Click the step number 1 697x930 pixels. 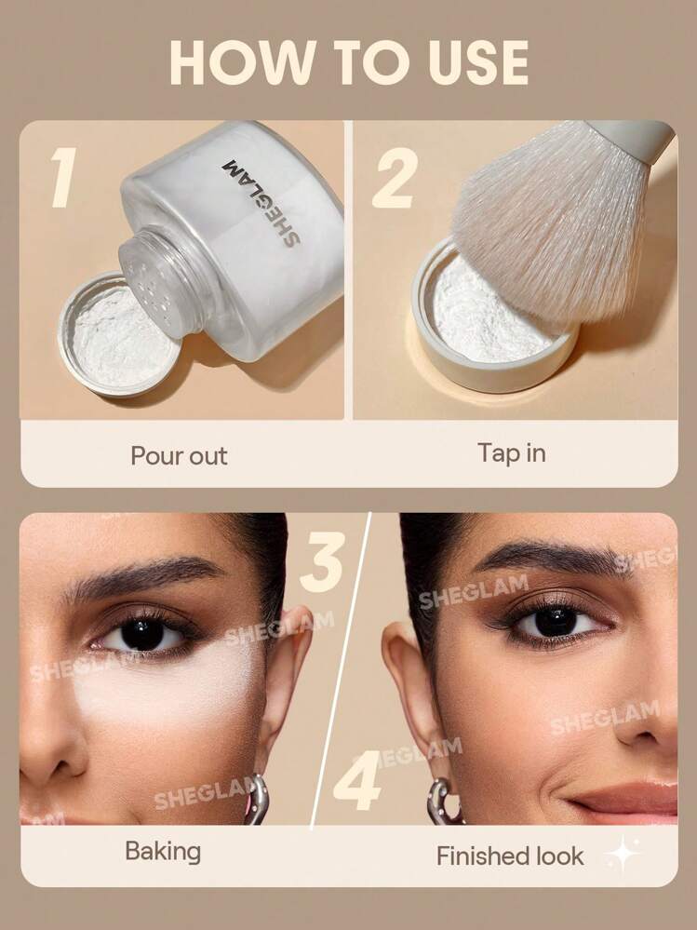click(x=64, y=177)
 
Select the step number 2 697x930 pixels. click(x=395, y=178)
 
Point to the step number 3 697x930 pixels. click(x=322, y=561)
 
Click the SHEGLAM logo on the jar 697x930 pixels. click(x=261, y=202)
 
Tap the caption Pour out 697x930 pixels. click(x=179, y=456)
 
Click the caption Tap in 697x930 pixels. click(x=512, y=453)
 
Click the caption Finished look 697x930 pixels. click(x=510, y=856)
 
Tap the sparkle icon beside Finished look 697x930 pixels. click(x=623, y=854)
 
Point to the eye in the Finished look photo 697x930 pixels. click(x=555, y=622)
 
